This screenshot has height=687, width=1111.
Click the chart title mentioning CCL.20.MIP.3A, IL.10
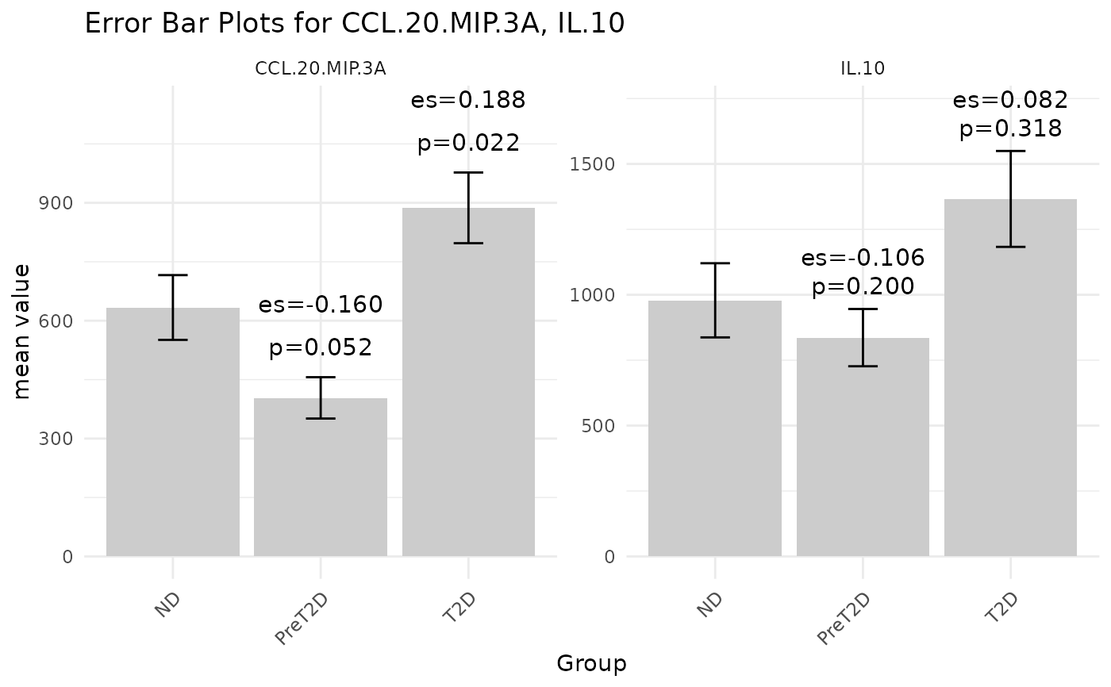coord(354,24)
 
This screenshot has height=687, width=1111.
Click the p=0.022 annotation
coord(468,144)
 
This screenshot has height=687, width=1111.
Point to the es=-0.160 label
coord(321,305)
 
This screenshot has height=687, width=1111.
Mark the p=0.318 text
coord(1010,129)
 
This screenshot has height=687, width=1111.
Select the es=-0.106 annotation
coord(863,259)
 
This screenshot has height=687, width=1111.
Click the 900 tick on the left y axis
coord(56,203)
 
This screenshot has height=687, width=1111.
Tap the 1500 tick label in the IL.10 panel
coord(587,164)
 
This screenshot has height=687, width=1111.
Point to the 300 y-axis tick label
coord(56,439)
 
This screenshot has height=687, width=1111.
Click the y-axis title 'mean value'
coord(23,332)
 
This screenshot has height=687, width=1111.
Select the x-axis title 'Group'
coord(591,664)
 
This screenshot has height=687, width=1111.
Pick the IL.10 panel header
coord(863,69)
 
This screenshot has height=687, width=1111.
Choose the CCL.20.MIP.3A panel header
coord(321,69)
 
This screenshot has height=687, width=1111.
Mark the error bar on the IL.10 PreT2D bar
coord(863,337)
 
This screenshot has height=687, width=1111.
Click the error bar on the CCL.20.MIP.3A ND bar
coord(173,307)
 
